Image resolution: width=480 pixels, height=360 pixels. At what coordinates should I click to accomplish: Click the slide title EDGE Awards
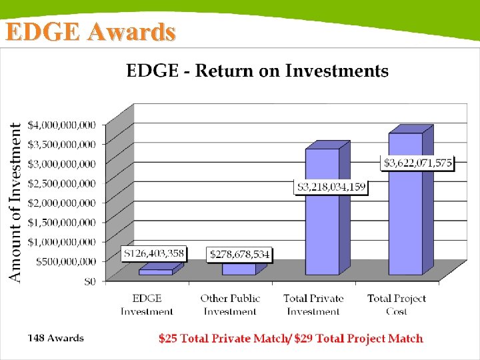pos(91,32)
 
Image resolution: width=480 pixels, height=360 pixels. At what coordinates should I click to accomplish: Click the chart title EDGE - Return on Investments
pos(257,71)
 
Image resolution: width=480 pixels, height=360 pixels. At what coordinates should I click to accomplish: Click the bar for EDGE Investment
pos(155,272)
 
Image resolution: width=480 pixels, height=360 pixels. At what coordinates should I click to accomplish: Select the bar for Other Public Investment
pos(239,269)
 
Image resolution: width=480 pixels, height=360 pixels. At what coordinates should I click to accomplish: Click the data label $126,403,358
pos(154,254)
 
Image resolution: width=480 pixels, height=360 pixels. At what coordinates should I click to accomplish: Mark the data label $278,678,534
pos(239,255)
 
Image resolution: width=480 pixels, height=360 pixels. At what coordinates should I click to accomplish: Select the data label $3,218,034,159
pos(331,187)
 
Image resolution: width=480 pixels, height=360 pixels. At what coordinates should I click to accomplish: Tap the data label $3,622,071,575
pos(417,163)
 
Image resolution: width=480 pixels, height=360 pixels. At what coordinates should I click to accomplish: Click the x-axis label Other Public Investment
pos(230,305)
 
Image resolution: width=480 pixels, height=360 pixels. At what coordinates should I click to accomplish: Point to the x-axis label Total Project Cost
pos(397,305)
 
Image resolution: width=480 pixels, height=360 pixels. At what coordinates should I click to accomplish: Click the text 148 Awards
pos(55,338)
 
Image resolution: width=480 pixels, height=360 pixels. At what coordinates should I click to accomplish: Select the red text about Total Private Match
pos(291,339)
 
